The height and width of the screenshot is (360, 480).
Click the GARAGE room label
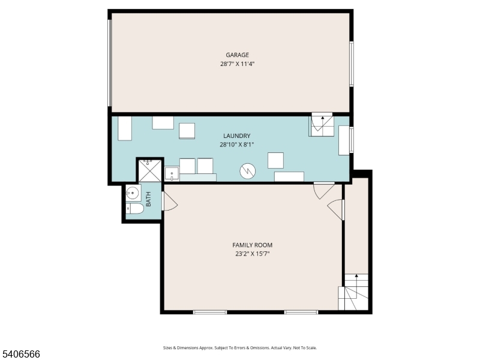click(x=238, y=55)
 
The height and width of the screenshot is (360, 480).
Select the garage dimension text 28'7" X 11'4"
click(x=238, y=64)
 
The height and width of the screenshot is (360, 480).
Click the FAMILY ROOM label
click(x=253, y=245)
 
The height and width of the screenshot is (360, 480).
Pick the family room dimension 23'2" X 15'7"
click(x=253, y=253)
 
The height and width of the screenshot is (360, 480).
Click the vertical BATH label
click(x=148, y=199)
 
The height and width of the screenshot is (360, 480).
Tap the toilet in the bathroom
click(x=134, y=209)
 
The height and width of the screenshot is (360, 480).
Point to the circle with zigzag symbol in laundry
click(x=247, y=172)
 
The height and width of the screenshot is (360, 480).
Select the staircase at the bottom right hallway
click(x=354, y=292)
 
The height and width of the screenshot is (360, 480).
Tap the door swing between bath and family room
click(x=169, y=202)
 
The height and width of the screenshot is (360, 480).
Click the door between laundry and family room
click(x=323, y=190)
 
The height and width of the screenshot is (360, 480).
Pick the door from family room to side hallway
click(x=336, y=209)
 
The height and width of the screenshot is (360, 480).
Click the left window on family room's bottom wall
click(x=210, y=311)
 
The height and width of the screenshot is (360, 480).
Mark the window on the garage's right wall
click(x=352, y=64)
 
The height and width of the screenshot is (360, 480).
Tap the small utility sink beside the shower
click(x=172, y=174)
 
